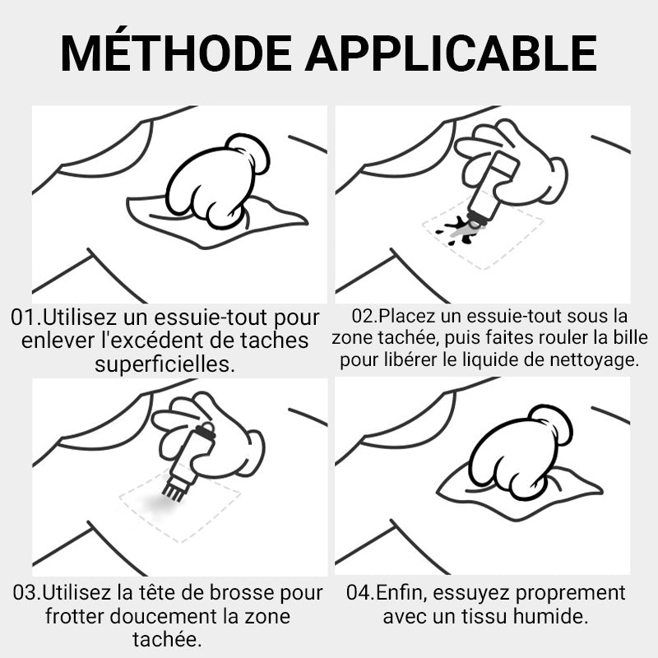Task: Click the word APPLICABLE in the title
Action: (451, 53)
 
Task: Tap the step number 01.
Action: (25, 317)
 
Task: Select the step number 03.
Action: (26, 593)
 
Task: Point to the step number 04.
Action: (359, 592)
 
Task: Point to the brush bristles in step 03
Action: (173, 492)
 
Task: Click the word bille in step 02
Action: (631, 338)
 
